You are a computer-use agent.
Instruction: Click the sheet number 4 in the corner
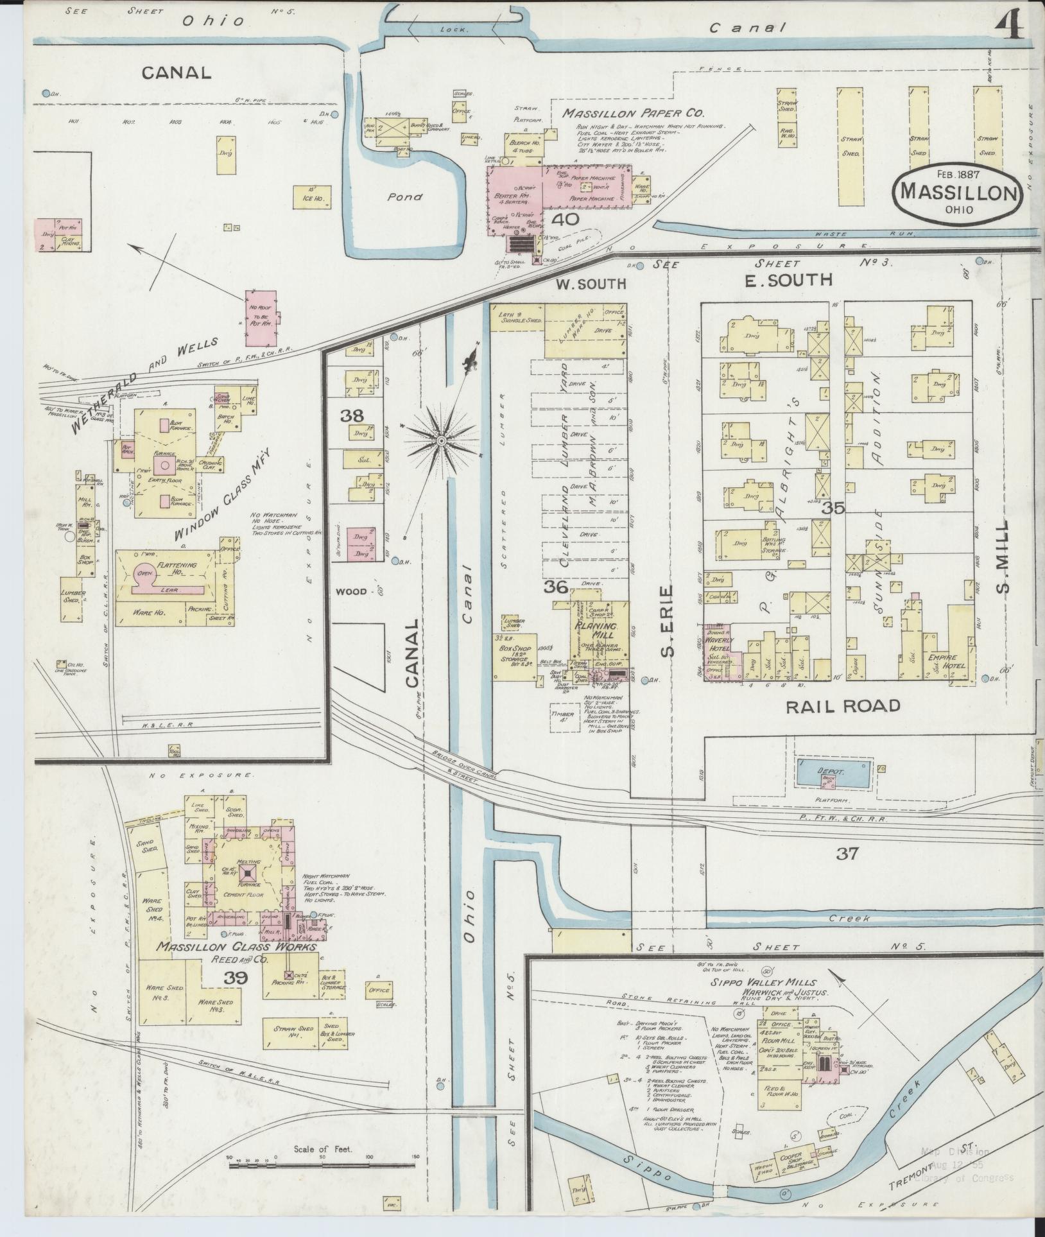click(1009, 27)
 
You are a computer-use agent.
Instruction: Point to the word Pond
click(404, 196)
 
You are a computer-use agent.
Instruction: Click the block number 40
click(566, 219)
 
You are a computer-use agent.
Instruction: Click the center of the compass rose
click(442, 441)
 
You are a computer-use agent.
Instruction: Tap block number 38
click(352, 415)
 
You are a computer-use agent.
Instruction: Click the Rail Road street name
click(843, 706)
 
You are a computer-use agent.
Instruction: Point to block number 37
click(847, 853)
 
